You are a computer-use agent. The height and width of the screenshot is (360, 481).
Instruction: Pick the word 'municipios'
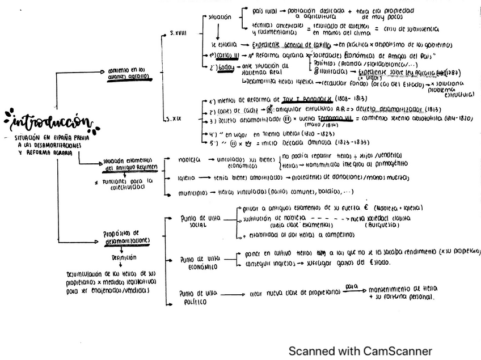(x=192, y=193)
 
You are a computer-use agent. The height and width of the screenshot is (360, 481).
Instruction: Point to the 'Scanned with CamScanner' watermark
(x=360, y=351)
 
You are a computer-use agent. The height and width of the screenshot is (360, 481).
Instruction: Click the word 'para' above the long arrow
(x=352, y=287)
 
